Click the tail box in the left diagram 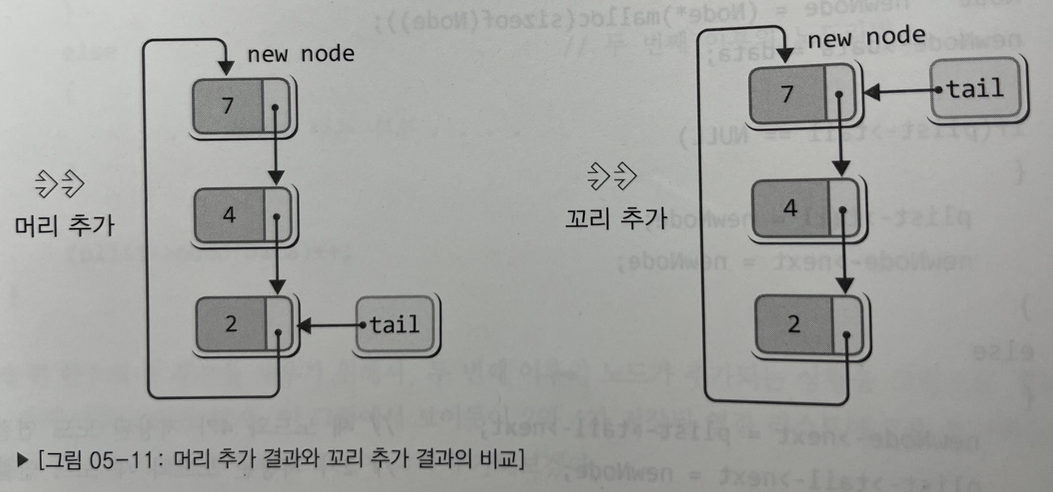(396, 325)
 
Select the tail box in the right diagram (977, 88)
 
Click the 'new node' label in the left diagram (301, 54)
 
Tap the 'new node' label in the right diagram (866, 37)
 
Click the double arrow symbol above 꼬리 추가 (612, 174)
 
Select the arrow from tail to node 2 (330, 326)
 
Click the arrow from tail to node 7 (898, 91)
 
